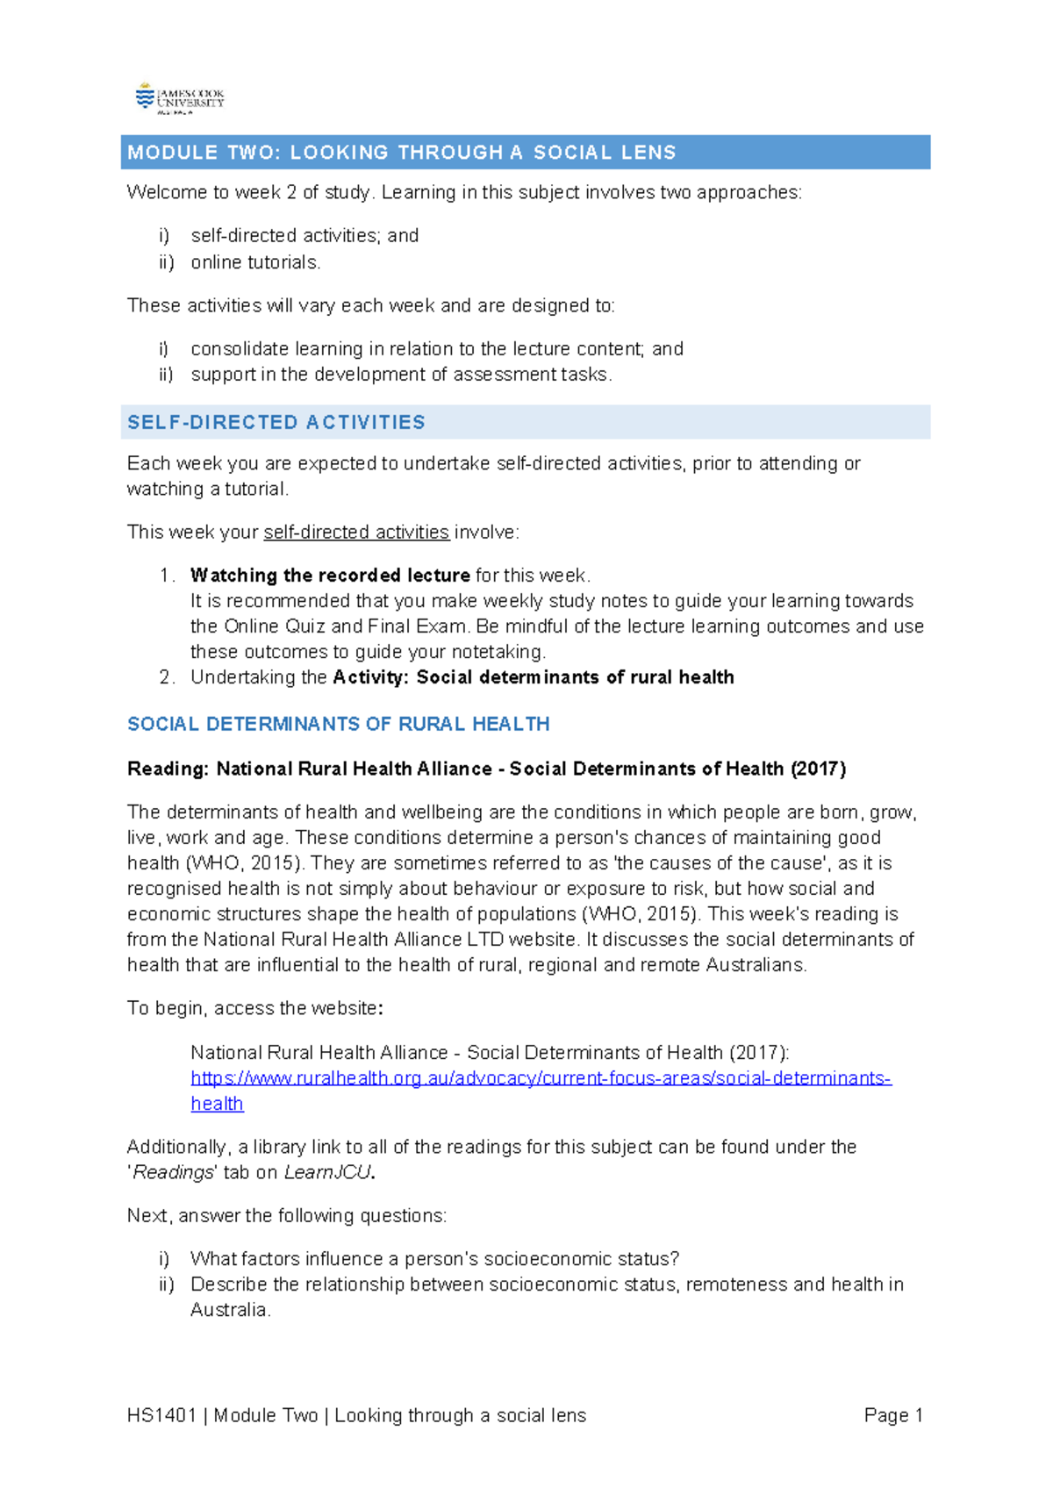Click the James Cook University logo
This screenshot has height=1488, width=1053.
[x=180, y=98]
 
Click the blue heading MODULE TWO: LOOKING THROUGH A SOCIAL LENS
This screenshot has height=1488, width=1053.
[x=401, y=153]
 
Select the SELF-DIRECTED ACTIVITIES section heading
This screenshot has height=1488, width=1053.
[x=276, y=423]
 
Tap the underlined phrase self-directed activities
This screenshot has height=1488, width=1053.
[x=356, y=533]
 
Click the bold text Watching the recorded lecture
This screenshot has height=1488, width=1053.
[x=330, y=576]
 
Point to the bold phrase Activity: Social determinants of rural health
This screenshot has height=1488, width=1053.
[x=533, y=677]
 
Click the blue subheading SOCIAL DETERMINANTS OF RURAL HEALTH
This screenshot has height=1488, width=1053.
[x=338, y=725]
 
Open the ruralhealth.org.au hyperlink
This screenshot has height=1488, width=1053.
[x=541, y=1078]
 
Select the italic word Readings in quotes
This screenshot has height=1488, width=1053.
[x=173, y=1173]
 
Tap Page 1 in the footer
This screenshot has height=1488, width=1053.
[x=892, y=1415]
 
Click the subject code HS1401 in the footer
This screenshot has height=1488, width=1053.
[x=161, y=1415]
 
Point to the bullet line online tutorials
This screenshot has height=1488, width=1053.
[x=255, y=262]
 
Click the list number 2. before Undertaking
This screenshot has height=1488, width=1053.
[x=167, y=677]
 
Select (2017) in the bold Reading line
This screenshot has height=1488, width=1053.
[x=818, y=769]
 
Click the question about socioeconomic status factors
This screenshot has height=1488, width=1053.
[x=434, y=1259]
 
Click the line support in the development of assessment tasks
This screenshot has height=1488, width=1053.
[x=401, y=375]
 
